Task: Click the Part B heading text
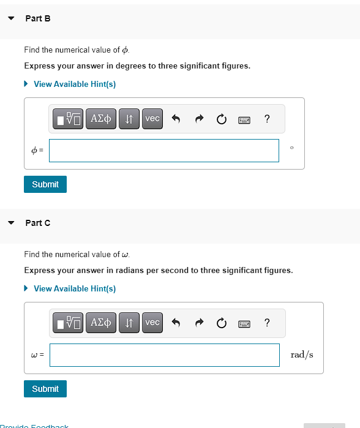pyautogui.click(x=38, y=18)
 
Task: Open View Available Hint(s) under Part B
pyautogui.click(x=74, y=84)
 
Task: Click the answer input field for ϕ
pyautogui.click(x=163, y=151)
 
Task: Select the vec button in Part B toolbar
pyautogui.click(x=152, y=119)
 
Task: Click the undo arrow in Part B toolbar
pyautogui.click(x=175, y=119)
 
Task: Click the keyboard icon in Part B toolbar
pyautogui.click(x=244, y=119)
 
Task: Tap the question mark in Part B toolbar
pyautogui.click(x=266, y=119)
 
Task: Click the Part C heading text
pyautogui.click(x=38, y=223)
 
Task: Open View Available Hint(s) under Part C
pyautogui.click(x=74, y=288)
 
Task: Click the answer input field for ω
pyautogui.click(x=164, y=355)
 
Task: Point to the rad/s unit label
pyautogui.click(x=302, y=355)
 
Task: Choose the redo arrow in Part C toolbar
pyautogui.click(x=199, y=323)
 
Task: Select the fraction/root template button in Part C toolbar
pyautogui.click(x=69, y=323)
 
